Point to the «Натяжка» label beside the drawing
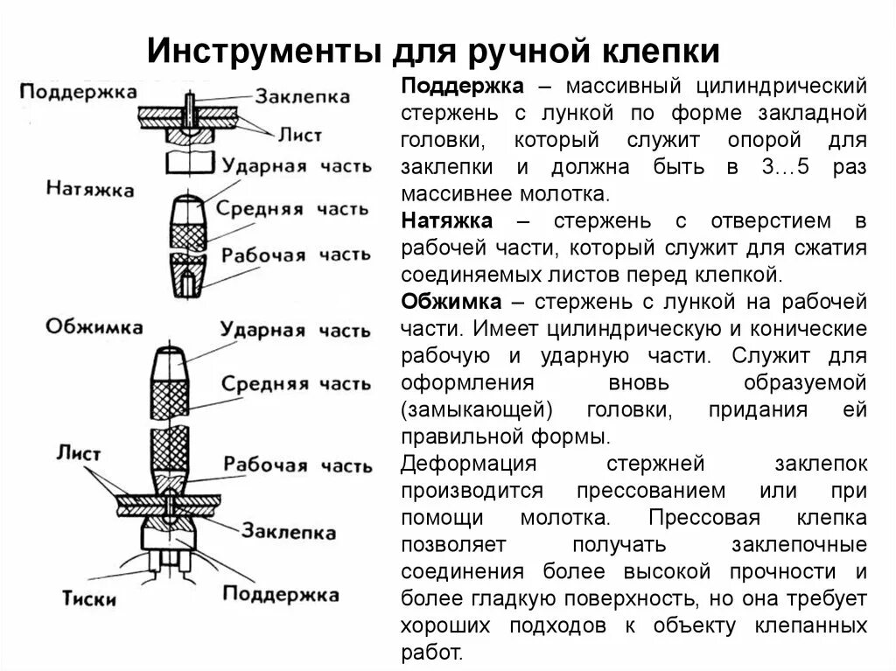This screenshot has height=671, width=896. [x=90, y=188]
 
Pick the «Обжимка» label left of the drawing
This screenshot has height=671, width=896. [x=94, y=326]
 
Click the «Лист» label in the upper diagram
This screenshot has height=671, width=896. [x=301, y=136]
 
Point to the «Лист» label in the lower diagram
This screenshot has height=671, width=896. [x=79, y=454]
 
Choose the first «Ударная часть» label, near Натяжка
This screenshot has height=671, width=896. [x=296, y=165]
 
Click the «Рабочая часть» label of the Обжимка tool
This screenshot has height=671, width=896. [x=295, y=464]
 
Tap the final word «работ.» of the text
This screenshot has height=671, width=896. [x=431, y=653]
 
